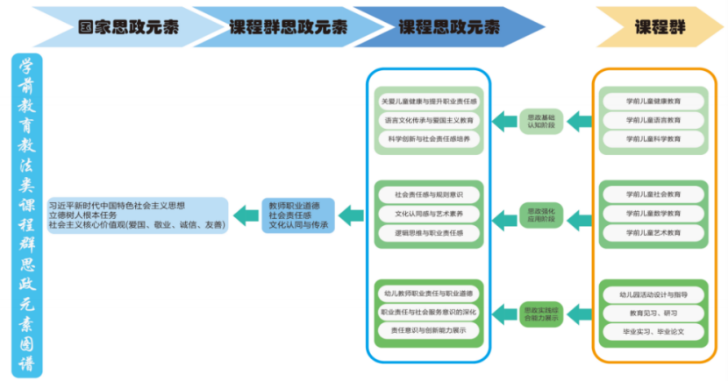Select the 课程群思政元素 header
(x=282, y=26)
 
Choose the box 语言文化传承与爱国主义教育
(x=429, y=120)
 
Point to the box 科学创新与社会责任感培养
(x=429, y=138)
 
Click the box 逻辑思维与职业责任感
(x=429, y=233)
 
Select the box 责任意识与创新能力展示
(x=429, y=331)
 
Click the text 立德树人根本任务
(x=86, y=215)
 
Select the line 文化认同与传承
(x=298, y=225)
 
